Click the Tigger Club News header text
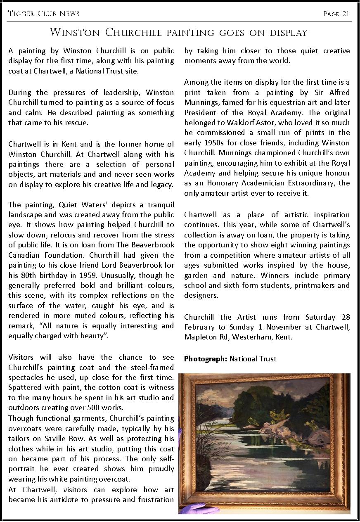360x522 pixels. tap(44, 14)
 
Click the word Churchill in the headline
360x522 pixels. tap(136, 32)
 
